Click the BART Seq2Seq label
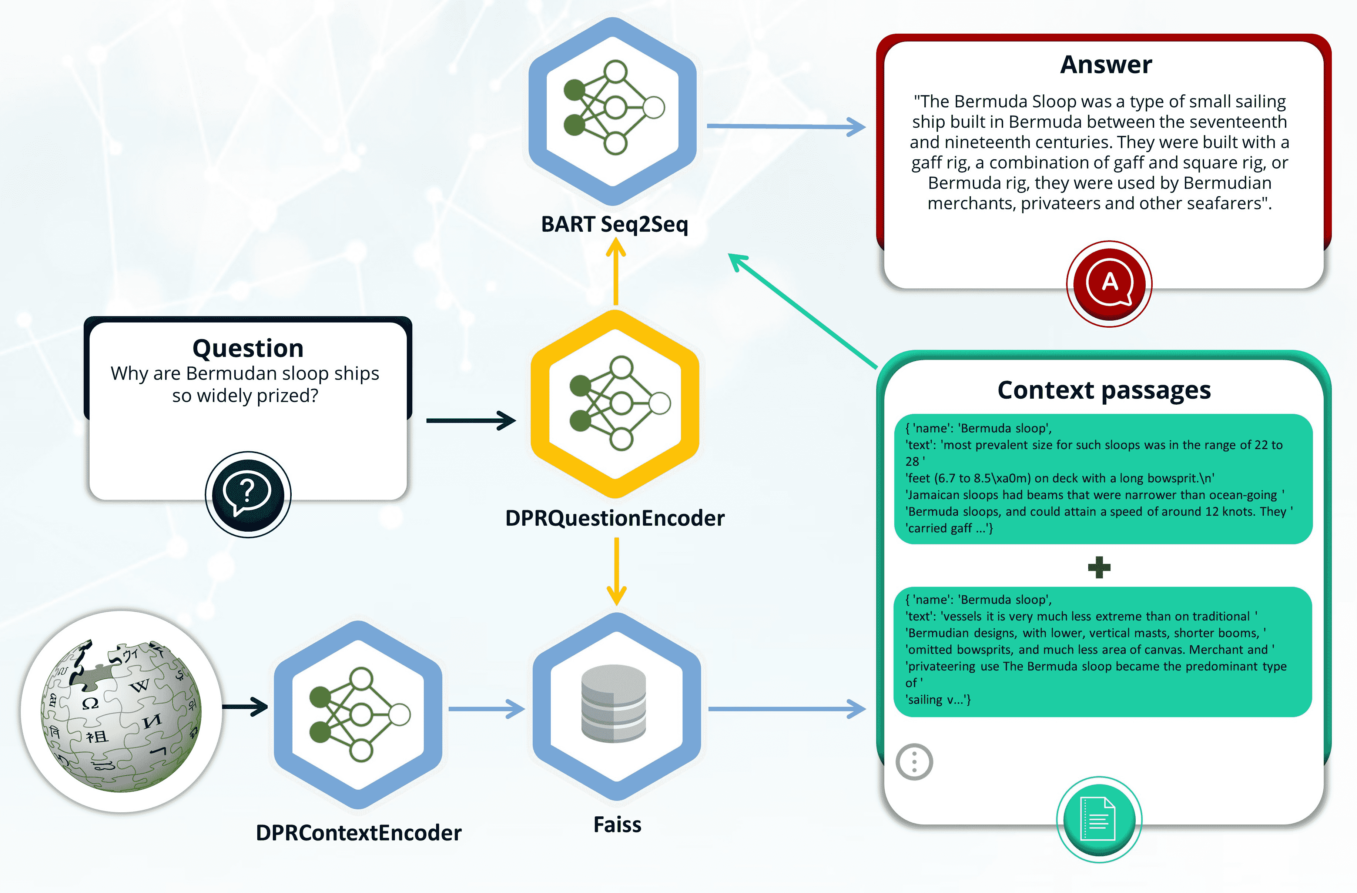614,224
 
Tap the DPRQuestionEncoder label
614,518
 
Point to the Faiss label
617,825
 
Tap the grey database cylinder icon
613,704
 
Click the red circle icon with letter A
1109,283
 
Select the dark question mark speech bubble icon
248,494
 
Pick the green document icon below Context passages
1099,819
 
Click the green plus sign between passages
1099,568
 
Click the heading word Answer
1106,64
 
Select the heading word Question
248,348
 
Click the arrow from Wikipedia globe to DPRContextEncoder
245,707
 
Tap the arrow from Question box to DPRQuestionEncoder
471,421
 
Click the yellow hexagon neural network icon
614,404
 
